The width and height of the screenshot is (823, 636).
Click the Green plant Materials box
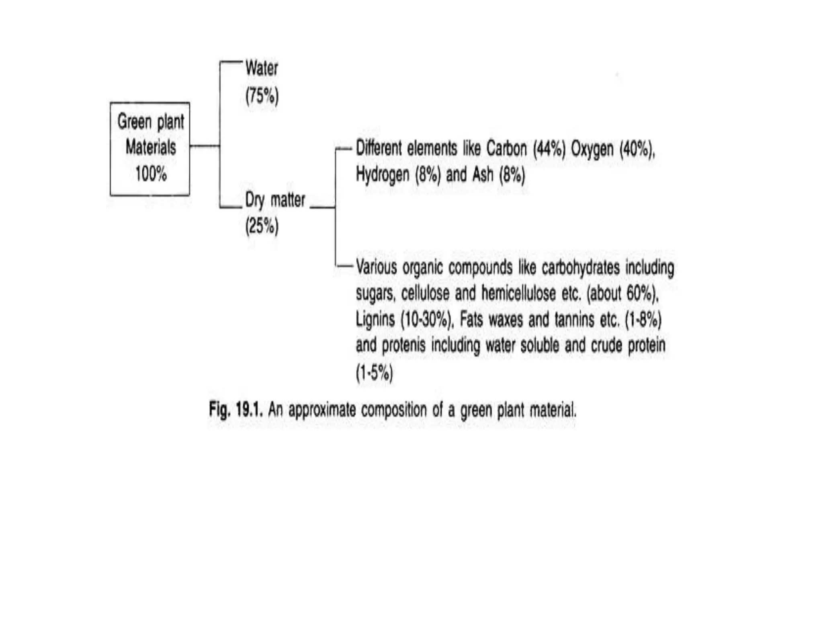click(x=150, y=149)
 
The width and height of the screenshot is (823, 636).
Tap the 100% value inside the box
click(x=151, y=174)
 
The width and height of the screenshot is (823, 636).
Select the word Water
click(x=262, y=68)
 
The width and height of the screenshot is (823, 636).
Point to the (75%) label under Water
click(x=262, y=96)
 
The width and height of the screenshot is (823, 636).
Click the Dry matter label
click(x=275, y=200)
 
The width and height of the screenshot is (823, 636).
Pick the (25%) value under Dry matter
click(x=262, y=226)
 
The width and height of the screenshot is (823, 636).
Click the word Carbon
click(x=506, y=149)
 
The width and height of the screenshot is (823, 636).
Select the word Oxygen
click(x=592, y=149)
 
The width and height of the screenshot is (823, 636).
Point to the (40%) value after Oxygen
click(x=637, y=149)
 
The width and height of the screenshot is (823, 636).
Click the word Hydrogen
click(x=383, y=175)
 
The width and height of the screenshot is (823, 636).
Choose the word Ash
click(x=483, y=175)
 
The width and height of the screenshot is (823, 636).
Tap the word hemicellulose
click(x=518, y=293)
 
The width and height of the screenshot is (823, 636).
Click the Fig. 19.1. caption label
click(x=236, y=410)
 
